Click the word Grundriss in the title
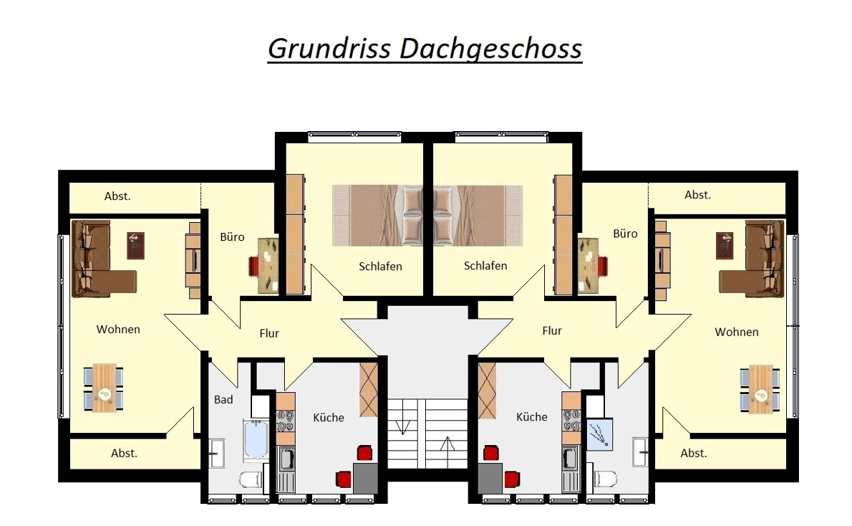(329, 49)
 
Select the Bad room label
(223, 399)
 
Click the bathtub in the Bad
(256, 439)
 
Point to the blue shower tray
(600, 434)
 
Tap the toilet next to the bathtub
(251, 479)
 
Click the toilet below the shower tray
(605, 479)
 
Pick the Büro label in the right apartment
(625, 234)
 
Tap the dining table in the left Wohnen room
(104, 388)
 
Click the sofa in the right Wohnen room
(752, 259)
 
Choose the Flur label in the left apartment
(269, 333)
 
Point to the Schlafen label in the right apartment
(485, 265)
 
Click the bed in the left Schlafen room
(377, 216)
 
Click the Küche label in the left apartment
(328, 417)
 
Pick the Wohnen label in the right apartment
(736, 332)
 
